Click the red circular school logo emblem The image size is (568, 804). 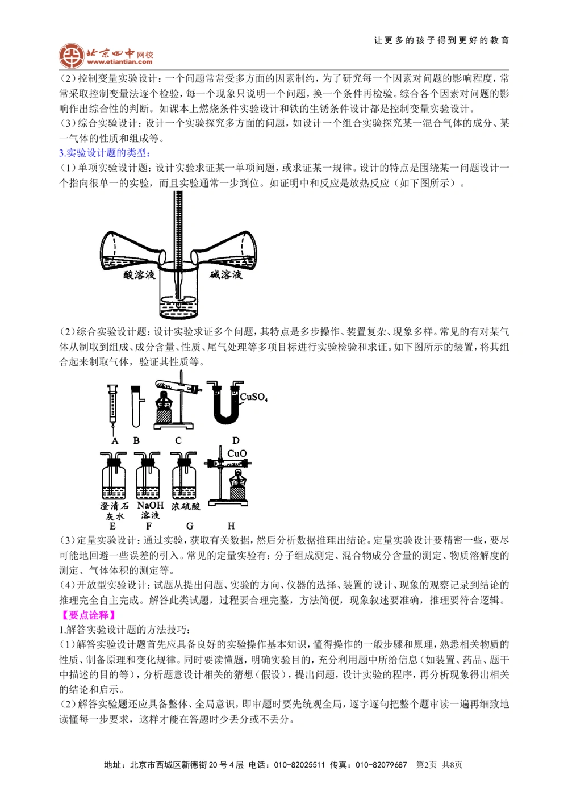pos(71,55)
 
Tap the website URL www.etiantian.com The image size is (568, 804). pos(120,62)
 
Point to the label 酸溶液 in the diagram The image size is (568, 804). pos(140,274)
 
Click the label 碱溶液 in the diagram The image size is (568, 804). pos(225,274)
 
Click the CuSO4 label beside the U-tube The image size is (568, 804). pos(253,397)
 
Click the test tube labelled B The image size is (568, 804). pos(135,406)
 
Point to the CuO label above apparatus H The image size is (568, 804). pos(236,453)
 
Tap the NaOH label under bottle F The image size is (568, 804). pos(150,505)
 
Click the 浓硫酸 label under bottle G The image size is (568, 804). pos(186,506)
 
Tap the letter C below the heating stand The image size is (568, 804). pos(178,440)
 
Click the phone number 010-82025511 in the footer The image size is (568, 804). pos(299,765)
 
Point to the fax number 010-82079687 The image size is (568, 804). pos(381,765)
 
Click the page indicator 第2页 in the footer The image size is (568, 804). pos(427,765)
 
